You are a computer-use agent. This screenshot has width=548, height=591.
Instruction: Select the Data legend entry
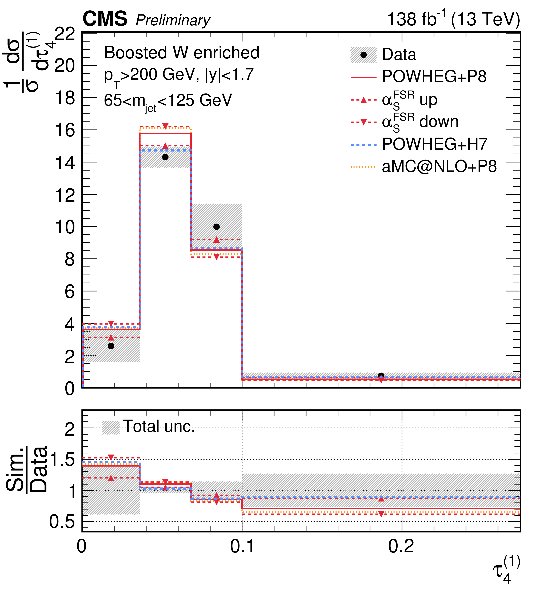click(399, 55)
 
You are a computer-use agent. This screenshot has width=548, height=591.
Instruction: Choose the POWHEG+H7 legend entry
click(434, 144)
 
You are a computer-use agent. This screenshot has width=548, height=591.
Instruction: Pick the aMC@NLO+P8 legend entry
click(439, 167)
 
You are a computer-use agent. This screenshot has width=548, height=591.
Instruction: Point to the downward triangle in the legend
click(363, 122)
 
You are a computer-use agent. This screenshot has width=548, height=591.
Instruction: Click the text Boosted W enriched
click(182, 53)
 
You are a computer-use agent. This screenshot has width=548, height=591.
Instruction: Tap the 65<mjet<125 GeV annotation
click(167, 101)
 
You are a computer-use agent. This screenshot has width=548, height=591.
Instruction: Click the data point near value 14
click(165, 157)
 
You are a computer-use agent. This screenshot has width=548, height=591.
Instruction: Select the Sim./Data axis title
click(27, 469)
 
